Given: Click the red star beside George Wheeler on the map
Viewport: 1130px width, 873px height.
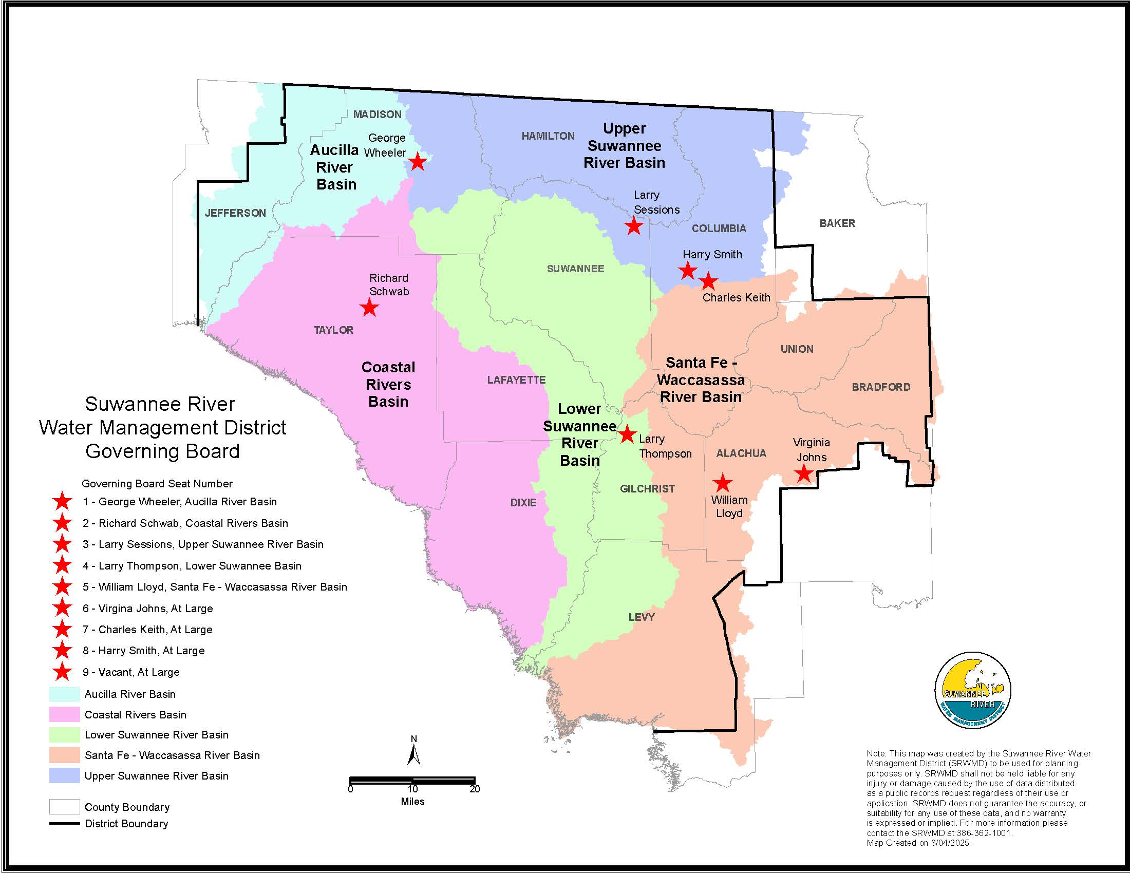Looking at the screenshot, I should point(418,162).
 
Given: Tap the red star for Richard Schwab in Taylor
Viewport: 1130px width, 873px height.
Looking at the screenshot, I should point(369,308).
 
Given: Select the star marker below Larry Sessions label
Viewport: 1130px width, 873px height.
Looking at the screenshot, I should point(634,226).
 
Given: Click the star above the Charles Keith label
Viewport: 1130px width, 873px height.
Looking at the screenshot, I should point(708,282).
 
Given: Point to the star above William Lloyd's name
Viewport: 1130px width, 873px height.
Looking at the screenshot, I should point(722,483).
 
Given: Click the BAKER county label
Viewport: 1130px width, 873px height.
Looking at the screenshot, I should point(837,223).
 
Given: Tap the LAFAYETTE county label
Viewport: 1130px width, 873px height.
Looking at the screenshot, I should point(516,380).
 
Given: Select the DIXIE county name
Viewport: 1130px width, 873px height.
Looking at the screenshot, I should point(523,503).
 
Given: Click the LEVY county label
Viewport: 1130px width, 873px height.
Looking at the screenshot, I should point(642,617).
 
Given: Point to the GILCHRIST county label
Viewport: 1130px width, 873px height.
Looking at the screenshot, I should point(647,489).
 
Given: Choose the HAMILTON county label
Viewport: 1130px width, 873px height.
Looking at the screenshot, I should point(548,136).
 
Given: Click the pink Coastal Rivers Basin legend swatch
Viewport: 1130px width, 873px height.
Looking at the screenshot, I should point(65,715).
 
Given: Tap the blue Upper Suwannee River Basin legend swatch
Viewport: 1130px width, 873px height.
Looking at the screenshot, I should point(65,776).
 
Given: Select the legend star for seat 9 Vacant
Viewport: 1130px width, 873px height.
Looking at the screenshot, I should point(63,672).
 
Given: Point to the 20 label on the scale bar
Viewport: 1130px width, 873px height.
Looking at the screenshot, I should point(475,789).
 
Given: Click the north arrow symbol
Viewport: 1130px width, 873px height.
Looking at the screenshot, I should point(413,752).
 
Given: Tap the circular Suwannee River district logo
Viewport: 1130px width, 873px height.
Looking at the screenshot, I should point(973,690).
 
